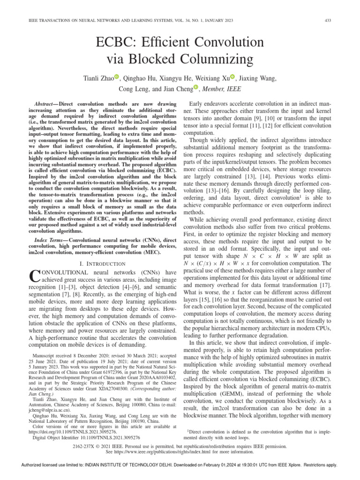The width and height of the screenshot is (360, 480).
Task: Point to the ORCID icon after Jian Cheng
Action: tap(196, 87)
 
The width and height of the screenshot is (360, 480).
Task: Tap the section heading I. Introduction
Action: tap(96, 264)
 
